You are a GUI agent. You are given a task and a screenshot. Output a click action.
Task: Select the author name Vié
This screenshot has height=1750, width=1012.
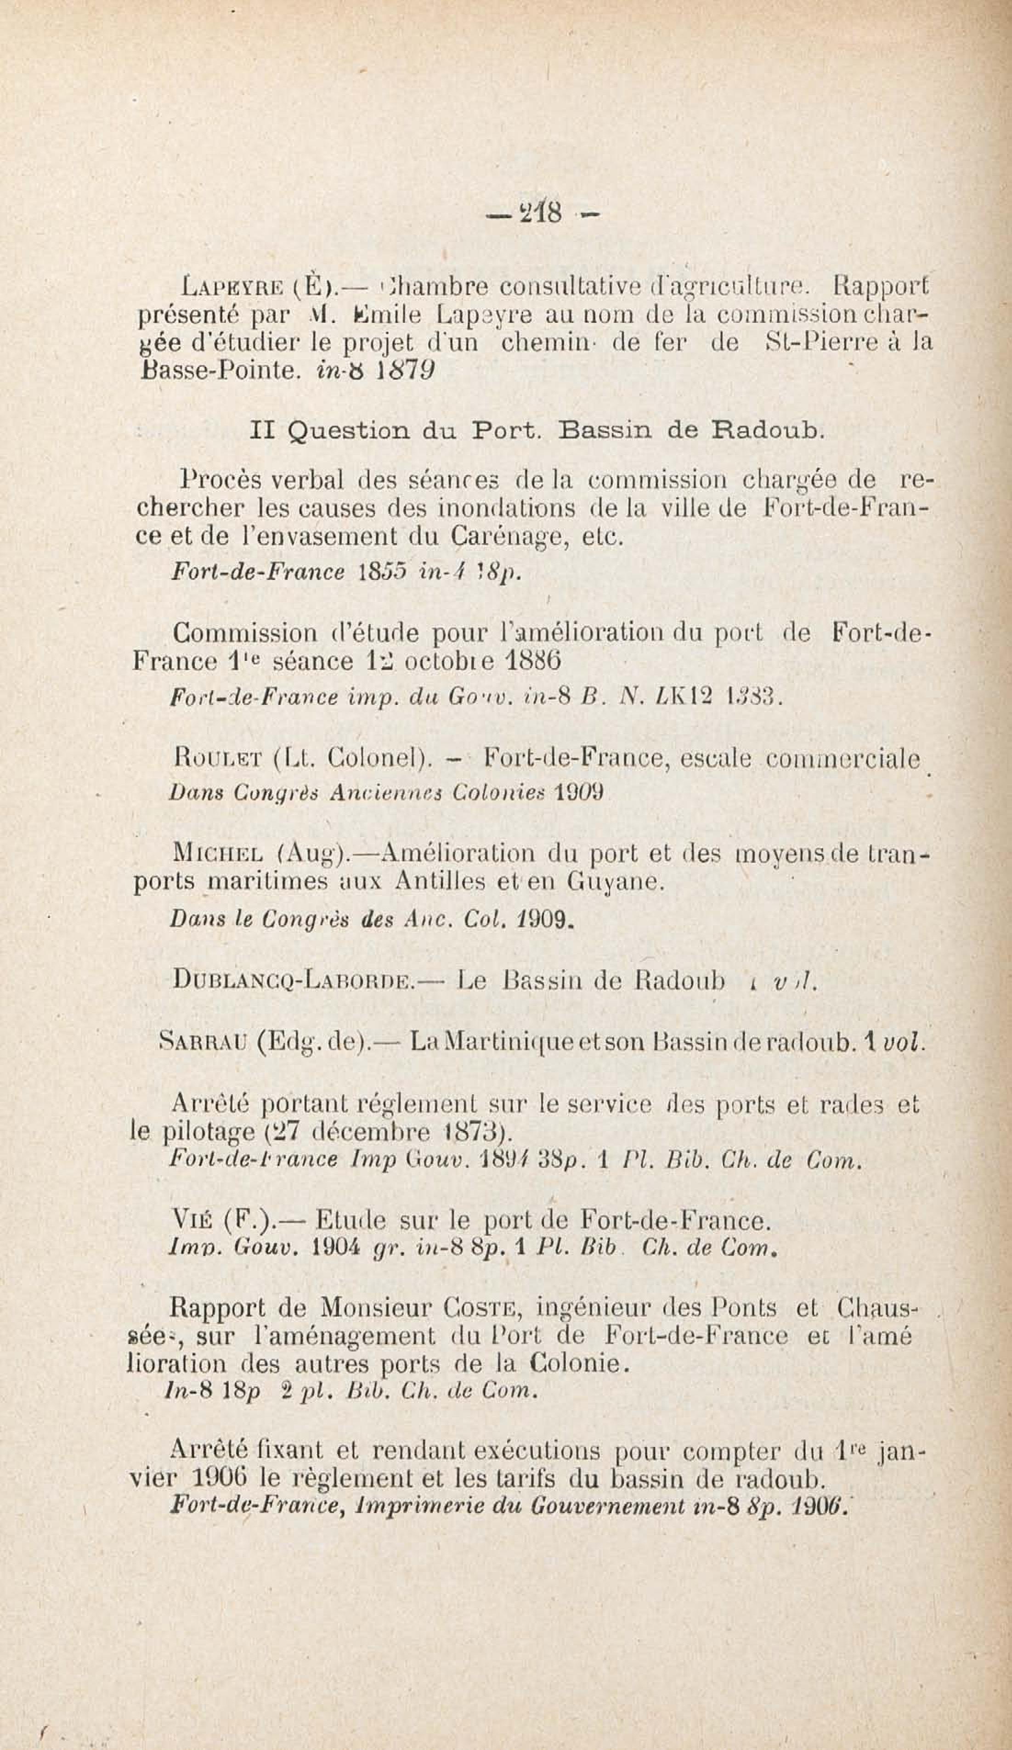click(x=190, y=1220)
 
